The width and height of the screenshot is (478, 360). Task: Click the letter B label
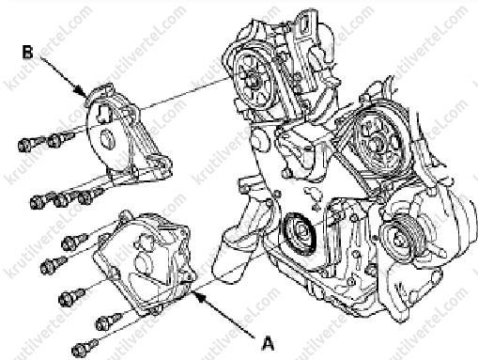click(27, 52)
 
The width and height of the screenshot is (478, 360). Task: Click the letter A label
click(268, 342)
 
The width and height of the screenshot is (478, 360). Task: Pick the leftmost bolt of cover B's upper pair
click(29, 144)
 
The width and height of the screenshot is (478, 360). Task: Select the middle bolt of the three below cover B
click(64, 198)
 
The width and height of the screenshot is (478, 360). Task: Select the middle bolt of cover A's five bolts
click(71, 297)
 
